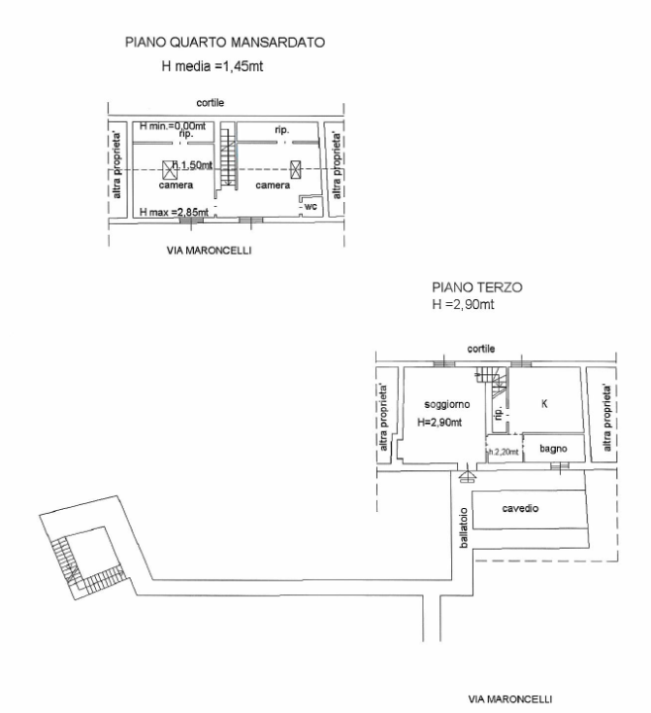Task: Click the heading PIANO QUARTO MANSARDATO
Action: pos(225,43)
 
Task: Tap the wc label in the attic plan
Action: pos(310,206)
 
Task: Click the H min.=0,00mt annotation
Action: pos(173,126)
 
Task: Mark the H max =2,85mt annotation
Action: pos(173,212)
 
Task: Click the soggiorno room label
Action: pos(446,405)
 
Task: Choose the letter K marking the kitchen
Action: pos(544,403)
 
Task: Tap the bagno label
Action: pos(552,449)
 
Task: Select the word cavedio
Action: pos(520,509)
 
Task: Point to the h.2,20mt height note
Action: pos(504,452)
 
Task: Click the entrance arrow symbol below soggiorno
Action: pos(466,475)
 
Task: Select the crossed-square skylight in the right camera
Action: pos(295,167)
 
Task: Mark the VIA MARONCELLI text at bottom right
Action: pos(511,697)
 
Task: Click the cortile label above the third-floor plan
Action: pos(481,349)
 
